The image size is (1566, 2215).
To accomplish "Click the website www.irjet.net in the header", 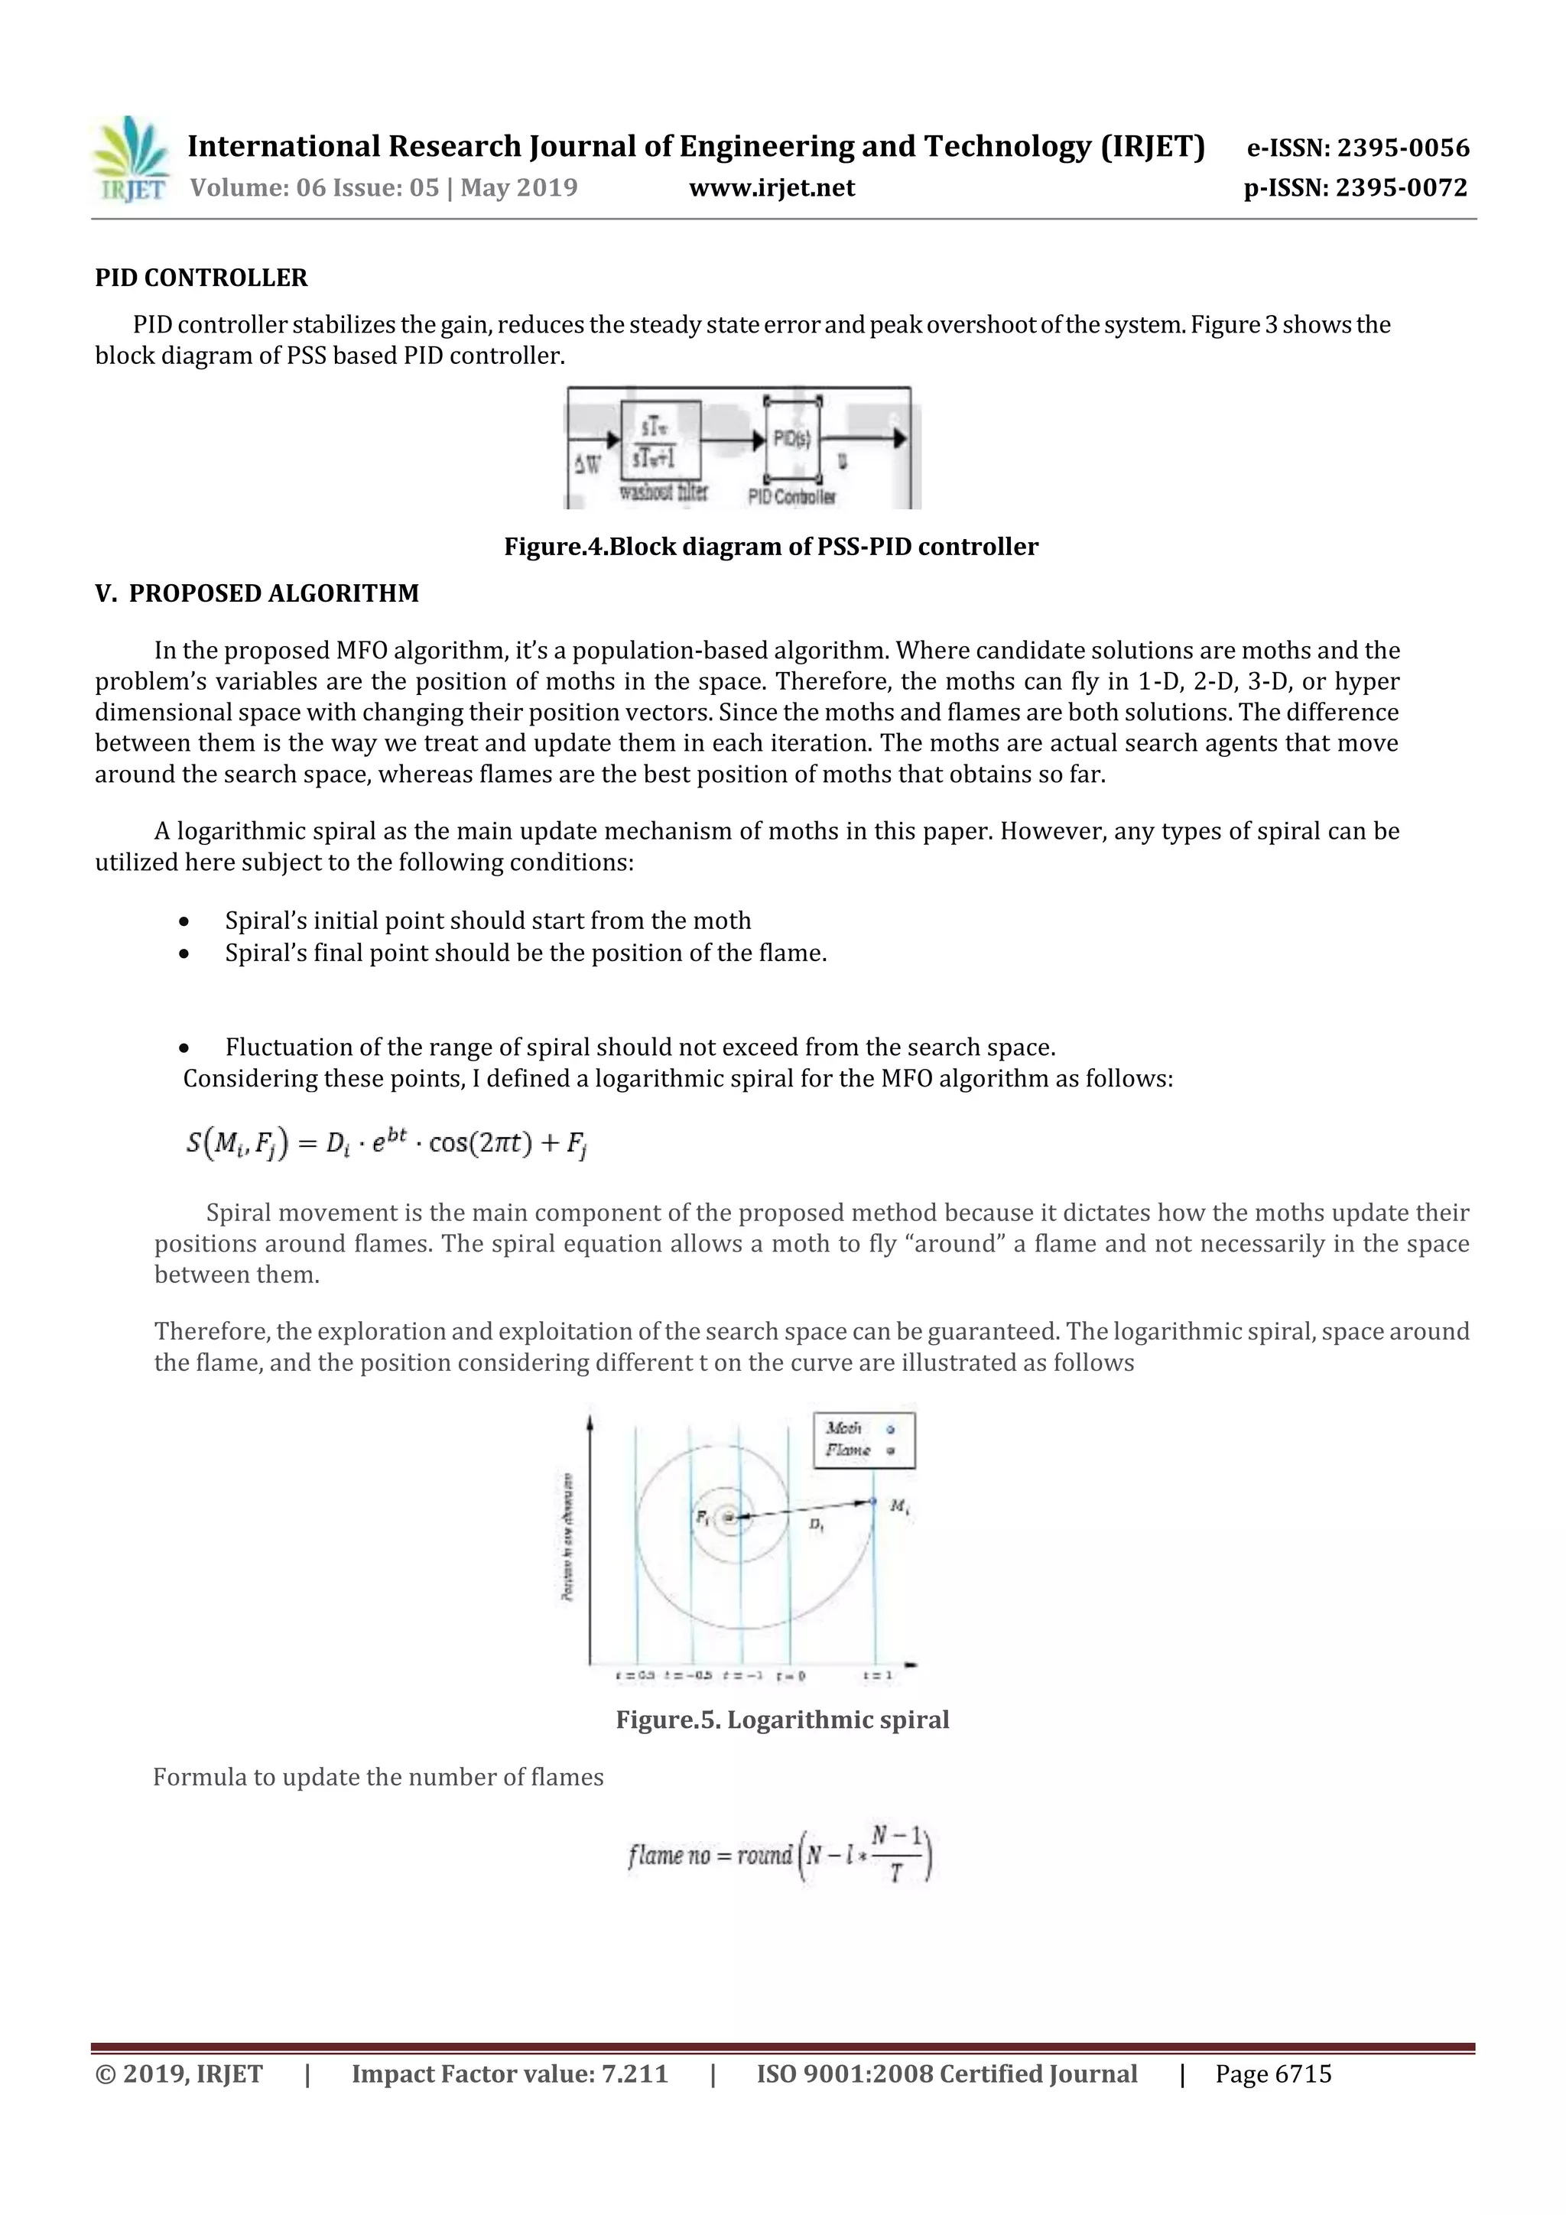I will (x=772, y=188).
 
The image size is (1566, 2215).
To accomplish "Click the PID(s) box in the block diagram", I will (x=792, y=440).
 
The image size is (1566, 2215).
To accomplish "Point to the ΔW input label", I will (x=586, y=465).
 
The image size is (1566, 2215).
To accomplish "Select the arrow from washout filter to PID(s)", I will (x=733, y=440).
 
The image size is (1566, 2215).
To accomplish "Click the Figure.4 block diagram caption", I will (x=771, y=547).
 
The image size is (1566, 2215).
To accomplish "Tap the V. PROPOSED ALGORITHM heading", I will (x=257, y=593).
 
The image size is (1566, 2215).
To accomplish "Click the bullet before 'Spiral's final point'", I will (x=184, y=954).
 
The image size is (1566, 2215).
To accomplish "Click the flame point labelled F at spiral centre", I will (x=729, y=1518).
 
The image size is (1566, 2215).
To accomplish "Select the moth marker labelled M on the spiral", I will (x=873, y=1501).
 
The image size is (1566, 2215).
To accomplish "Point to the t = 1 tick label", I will (x=877, y=1676).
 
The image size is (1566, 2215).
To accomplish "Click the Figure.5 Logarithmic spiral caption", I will (x=782, y=1720).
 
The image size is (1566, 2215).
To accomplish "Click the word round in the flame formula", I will (x=764, y=1855).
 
